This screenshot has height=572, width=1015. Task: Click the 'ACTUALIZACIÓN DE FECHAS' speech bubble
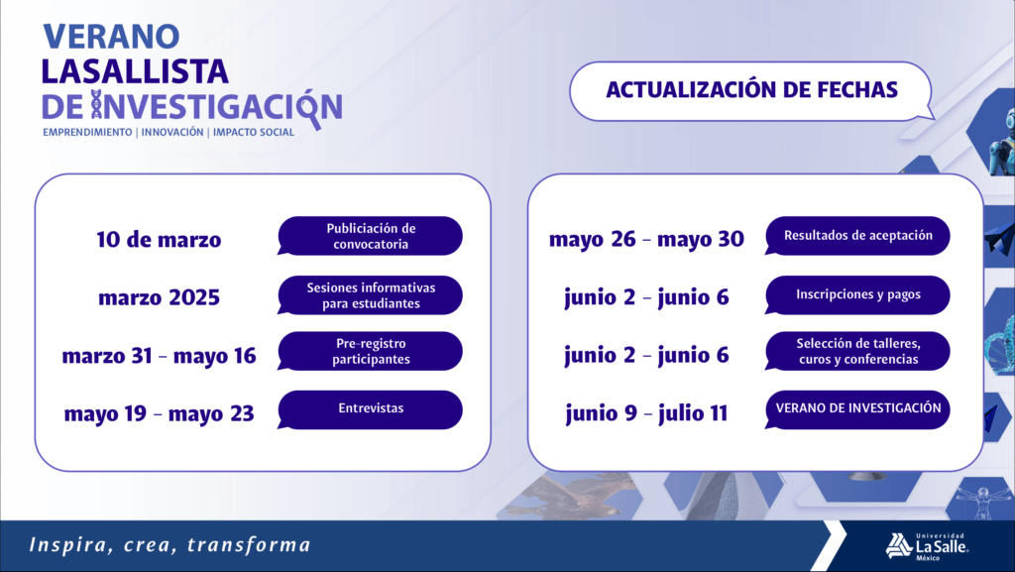pyautogui.click(x=751, y=90)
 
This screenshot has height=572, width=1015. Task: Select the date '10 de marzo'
pyautogui.click(x=159, y=240)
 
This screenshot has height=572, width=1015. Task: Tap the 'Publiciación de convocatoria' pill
pyautogui.click(x=371, y=236)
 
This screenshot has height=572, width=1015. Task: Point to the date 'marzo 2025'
pyautogui.click(x=160, y=297)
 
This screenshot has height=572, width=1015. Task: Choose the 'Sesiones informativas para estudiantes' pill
pyautogui.click(x=371, y=295)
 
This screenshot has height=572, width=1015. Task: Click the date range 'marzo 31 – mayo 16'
pyautogui.click(x=160, y=356)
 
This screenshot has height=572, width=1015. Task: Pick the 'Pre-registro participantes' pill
pyautogui.click(x=371, y=351)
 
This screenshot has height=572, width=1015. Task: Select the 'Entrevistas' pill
pyautogui.click(x=371, y=409)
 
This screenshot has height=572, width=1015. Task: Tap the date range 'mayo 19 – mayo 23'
pyautogui.click(x=160, y=414)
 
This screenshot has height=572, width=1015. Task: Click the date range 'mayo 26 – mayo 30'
pyautogui.click(x=646, y=240)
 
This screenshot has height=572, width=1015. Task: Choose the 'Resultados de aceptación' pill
pyautogui.click(x=857, y=236)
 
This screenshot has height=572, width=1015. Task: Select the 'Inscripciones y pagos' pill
pyautogui.click(x=857, y=295)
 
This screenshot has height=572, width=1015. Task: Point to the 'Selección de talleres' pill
pyautogui.click(x=857, y=351)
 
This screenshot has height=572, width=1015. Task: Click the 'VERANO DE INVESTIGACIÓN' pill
pyautogui.click(x=857, y=409)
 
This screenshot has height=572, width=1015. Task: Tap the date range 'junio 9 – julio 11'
pyautogui.click(x=646, y=414)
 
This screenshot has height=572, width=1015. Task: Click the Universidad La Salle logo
pyautogui.click(x=927, y=546)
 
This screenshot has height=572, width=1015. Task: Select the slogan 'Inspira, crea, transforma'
pyautogui.click(x=169, y=545)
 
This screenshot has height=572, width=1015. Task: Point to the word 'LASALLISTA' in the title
pyautogui.click(x=135, y=71)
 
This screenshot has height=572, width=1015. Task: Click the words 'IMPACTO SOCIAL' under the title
pyautogui.click(x=254, y=132)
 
